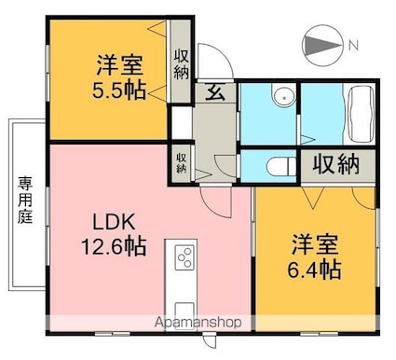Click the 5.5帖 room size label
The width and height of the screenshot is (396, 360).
pos(119,90)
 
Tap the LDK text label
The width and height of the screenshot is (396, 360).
pos(114,222)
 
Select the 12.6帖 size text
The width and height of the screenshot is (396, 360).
pos(114,246)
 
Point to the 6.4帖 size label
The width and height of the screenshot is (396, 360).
pos(314,270)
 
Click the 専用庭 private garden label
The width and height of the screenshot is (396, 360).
pos(25,200)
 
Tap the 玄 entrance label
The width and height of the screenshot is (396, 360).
pos(215,92)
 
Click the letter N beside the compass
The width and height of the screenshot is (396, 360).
pos(353,46)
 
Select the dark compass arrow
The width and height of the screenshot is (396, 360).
pos(322,46)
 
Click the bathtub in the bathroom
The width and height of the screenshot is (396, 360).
pos(361,114)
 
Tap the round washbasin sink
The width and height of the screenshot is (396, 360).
pos(284,97)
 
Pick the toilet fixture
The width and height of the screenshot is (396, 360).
pos(281,166)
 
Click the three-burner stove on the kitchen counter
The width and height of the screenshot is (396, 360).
pos(184,257)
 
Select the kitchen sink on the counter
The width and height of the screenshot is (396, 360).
pos(184,313)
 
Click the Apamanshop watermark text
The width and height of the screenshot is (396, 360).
pos(198,323)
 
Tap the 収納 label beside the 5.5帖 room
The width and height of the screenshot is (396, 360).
pos(181,64)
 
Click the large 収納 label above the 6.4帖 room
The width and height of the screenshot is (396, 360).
pos(335,164)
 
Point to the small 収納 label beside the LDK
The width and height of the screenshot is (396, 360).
pos(182,163)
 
